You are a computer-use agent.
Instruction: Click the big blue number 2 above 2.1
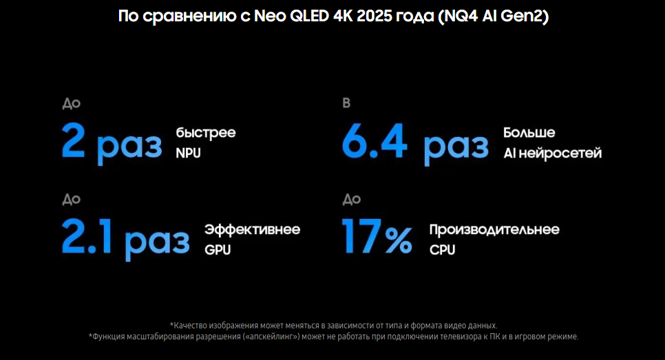coord(73,140)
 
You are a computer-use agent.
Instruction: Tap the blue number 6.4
coord(374,140)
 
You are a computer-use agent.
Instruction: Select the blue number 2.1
coord(87,236)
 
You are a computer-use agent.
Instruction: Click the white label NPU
coord(189,153)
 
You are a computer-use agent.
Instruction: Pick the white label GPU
coord(218,250)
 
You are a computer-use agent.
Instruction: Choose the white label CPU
coord(443,250)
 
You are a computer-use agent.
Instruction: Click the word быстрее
coord(206,133)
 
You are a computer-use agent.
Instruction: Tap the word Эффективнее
coord(253,229)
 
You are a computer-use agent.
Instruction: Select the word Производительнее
coord(494,230)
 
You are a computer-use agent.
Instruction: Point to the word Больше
coord(529,133)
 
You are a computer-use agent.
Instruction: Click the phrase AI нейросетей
coord(553,153)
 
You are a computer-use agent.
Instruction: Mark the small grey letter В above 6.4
coord(346,103)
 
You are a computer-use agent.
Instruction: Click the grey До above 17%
coord(352,200)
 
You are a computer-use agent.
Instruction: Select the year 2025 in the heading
coord(374,16)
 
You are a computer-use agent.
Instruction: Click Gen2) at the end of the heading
coord(525,16)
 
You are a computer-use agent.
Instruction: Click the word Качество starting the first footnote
coord(189,326)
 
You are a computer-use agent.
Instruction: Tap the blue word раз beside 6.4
coord(456,147)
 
